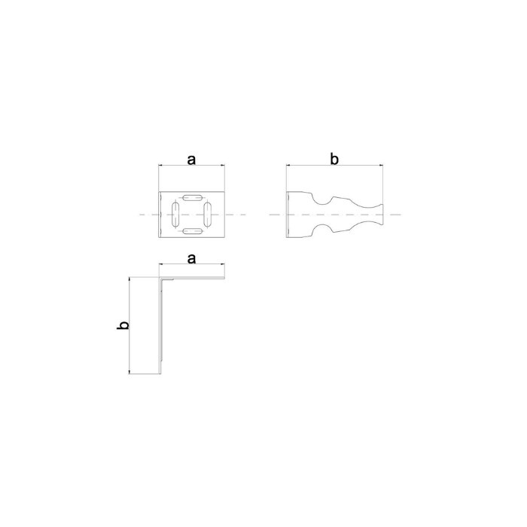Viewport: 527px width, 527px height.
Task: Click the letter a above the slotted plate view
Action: (191, 160)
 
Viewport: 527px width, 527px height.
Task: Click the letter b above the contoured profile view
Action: (334, 159)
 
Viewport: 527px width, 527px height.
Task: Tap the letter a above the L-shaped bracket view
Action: (191, 259)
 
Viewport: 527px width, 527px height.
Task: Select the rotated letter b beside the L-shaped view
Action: (123, 325)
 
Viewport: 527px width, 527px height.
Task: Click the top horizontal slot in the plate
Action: (193, 197)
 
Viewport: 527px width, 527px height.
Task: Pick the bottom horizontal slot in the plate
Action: (193, 231)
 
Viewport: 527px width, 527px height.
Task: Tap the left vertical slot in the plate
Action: (175, 214)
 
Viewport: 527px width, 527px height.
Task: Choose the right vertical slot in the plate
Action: (208, 214)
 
